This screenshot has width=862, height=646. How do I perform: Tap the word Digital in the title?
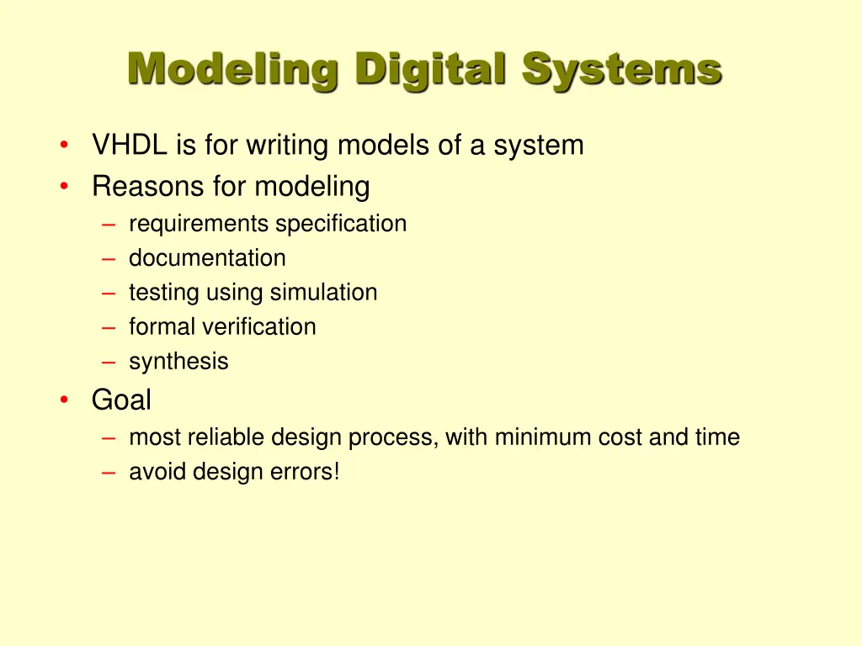point(429,70)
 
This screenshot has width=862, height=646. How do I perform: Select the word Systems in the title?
point(621,70)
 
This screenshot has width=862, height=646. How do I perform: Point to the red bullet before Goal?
point(65,401)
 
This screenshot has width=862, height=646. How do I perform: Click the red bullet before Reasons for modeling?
point(65,187)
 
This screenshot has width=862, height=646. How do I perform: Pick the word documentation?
point(207,258)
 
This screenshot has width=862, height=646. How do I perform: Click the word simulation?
point(323,293)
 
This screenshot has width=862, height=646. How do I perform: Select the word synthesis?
point(178,362)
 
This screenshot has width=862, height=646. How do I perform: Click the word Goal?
point(121,400)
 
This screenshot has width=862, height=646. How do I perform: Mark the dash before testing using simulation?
point(109,293)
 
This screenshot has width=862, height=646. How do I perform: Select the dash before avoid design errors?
point(109,473)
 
